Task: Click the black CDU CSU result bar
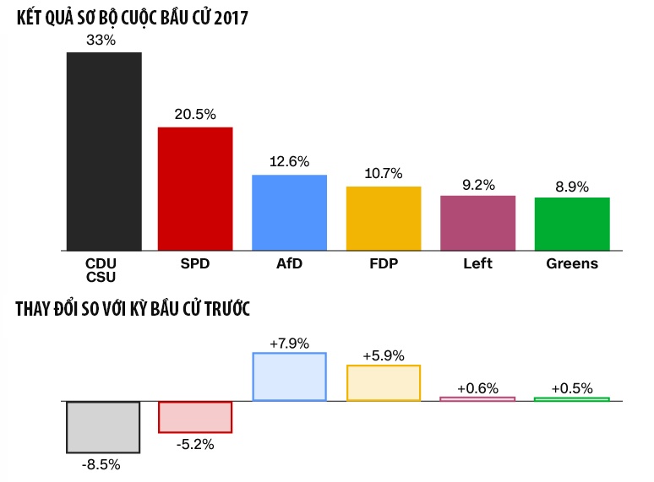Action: (x=104, y=151)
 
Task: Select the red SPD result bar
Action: (x=195, y=188)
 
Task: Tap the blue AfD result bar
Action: (x=289, y=212)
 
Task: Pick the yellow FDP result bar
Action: (x=384, y=218)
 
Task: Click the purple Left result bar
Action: (x=477, y=223)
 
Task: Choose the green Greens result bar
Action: (x=572, y=224)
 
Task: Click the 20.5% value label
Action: (x=194, y=115)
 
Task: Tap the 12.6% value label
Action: (x=289, y=161)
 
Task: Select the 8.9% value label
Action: (x=571, y=186)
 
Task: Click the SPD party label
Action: (x=195, y=263)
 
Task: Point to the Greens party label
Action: (x=572, y=263)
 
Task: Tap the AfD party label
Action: (x=289, y=263)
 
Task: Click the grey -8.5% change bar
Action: (x=103, y=426)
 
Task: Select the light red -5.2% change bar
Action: (x=195, y=417)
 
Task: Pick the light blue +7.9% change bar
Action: (x=289, y=376)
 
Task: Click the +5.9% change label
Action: (x=384, y=355)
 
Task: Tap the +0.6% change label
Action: (x=477, y=387)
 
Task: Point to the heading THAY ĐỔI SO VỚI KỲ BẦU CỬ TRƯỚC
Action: (x=133, y=310)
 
